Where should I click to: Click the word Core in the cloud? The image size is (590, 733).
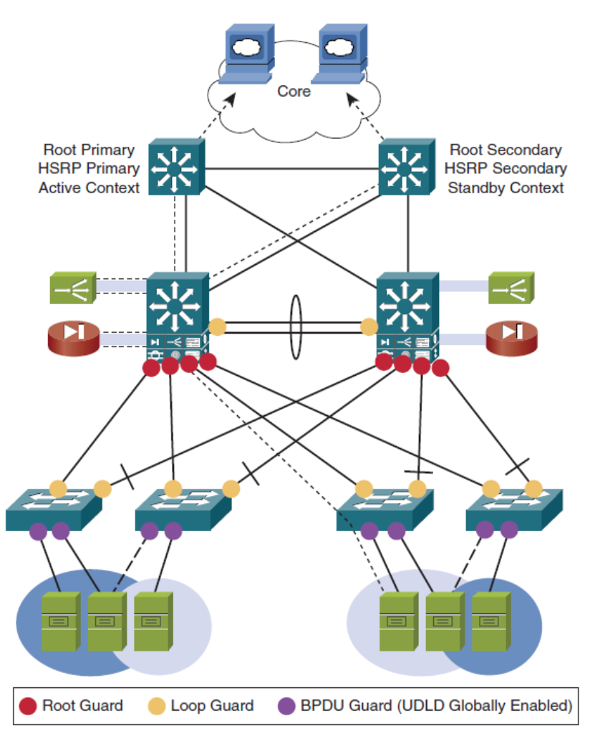294,92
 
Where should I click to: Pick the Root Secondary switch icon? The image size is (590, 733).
405,168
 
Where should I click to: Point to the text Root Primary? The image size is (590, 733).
89,150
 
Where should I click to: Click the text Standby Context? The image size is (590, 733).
506,188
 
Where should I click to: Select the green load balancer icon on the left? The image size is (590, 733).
72,286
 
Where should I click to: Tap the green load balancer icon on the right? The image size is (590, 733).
511,286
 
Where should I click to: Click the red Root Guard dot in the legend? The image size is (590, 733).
29,706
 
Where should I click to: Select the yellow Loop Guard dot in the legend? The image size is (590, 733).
157,706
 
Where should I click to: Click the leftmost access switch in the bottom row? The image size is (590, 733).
54,510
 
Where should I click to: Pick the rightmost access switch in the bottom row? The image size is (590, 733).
513,510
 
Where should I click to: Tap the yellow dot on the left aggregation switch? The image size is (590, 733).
217,327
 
